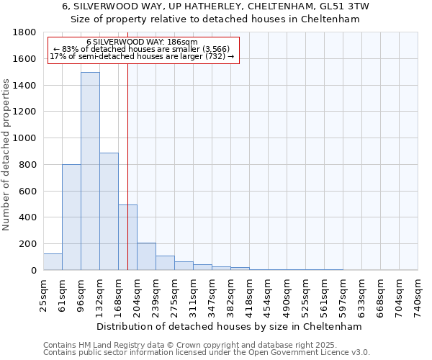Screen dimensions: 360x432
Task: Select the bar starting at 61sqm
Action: click(71, 217)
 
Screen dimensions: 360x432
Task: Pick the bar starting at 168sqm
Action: click(127, 237)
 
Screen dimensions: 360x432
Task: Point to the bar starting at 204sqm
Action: click(146, 256)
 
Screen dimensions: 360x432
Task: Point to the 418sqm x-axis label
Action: click(249, 296)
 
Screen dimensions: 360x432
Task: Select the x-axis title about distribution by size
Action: click(230, 326)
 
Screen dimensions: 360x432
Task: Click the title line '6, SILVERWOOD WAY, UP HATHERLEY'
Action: click(215, 6)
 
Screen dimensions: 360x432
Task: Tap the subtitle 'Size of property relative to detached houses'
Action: click(215, 19)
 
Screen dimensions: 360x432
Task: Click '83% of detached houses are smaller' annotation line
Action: click(141, 49)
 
